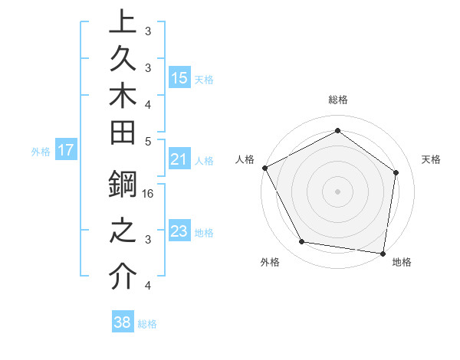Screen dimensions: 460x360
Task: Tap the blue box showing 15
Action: click(179, 77)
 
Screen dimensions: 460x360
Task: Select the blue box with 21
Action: click(179, 160)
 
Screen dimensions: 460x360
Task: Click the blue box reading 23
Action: click(179, 231)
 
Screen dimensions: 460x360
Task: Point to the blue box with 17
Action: click(66, 150)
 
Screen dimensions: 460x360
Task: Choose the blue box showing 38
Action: click(123, 322)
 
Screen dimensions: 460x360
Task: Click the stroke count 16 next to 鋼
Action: click(149, 194)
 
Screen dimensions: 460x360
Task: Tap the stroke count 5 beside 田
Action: click(148, 141)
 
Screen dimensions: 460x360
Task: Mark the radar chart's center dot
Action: click(337, 191)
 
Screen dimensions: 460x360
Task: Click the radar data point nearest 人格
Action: click(264, 168)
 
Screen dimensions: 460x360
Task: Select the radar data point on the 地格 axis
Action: click(383, 253)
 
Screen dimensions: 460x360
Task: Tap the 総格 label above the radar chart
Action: click(337, 100)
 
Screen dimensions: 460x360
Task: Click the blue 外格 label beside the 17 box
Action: click(41, 152)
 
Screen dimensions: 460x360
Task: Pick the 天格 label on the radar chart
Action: click(432, 159)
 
